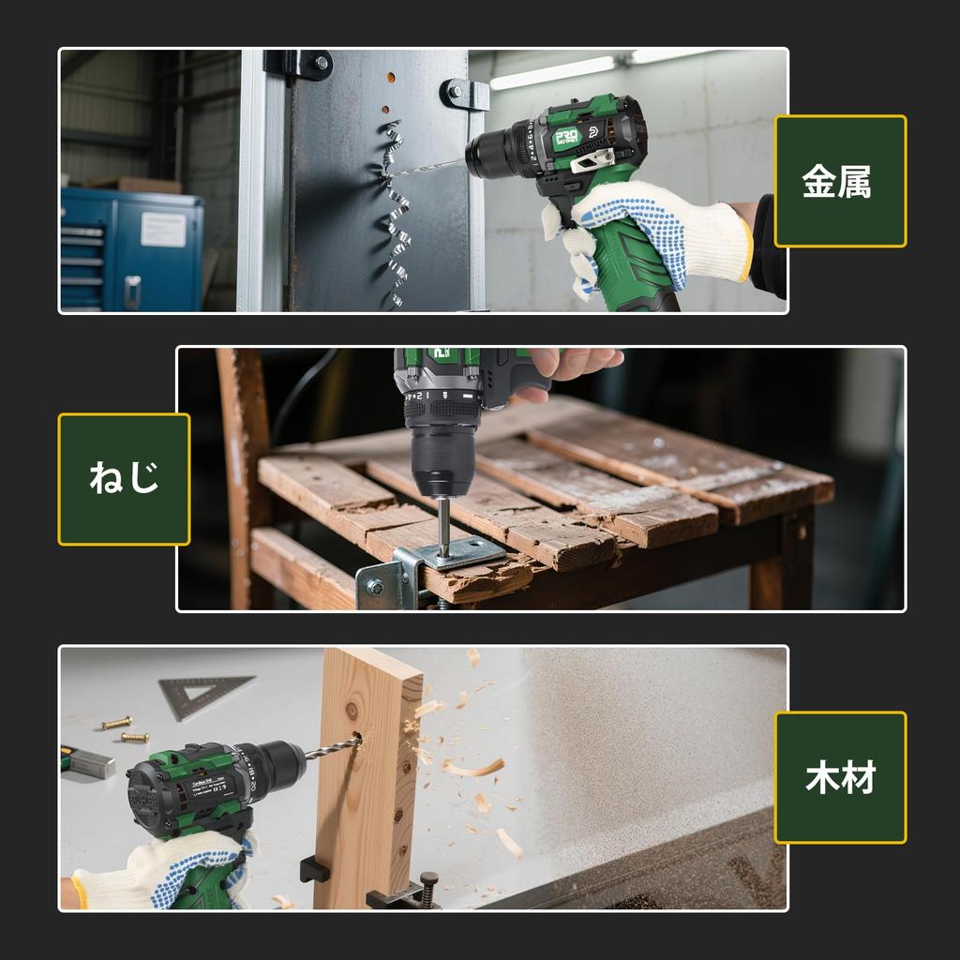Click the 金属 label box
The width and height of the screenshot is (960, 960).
click(x=840, y=181)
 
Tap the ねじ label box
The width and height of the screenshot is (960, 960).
click(x=124, y=479)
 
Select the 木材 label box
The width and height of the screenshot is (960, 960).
click(x=840, y=777)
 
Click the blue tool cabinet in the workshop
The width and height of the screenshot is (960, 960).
click(x=131, y=248)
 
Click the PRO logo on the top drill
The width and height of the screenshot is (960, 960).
click(x=565, y=137)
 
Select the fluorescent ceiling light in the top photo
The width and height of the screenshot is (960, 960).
click(x=553, y=72)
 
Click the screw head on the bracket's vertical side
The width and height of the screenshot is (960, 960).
click(x=375, y=587)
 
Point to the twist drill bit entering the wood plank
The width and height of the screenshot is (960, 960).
click(x=333, y=748)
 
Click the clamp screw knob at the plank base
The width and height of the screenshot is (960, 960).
click(x=429, y=881)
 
